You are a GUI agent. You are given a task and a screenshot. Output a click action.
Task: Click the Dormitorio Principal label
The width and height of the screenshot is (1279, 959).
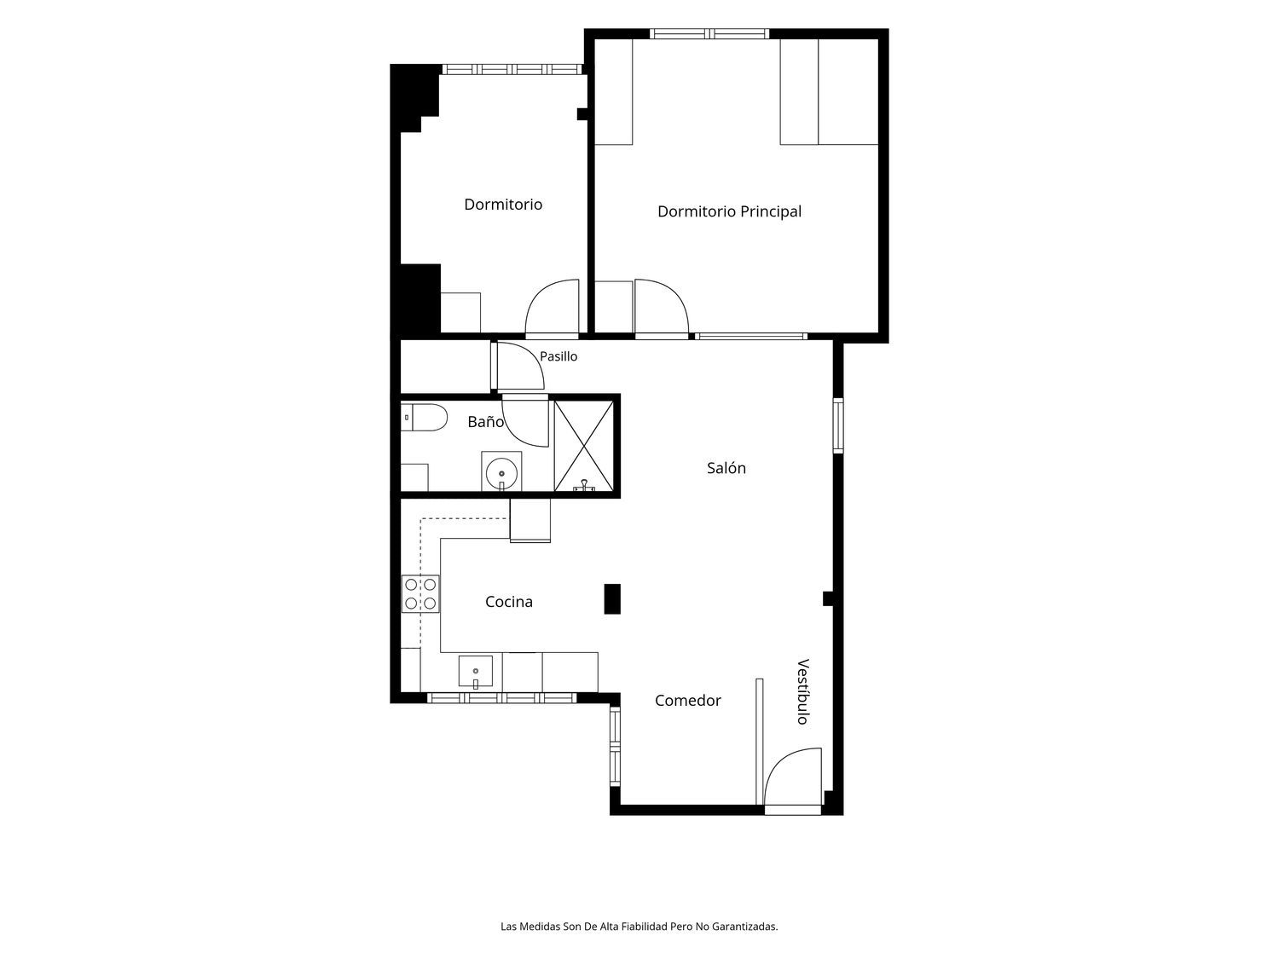pyautogui.click(x=729, y=211)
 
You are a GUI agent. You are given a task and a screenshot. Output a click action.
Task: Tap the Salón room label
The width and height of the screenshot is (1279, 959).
pyautogui.click(x=726, y=467)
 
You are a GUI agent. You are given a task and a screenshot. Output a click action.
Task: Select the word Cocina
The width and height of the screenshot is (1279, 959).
pyautogui.click(x=509, y=602)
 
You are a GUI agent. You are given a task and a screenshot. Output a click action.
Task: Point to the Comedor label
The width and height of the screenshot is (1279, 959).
pyautogui.click(x=687, y=701)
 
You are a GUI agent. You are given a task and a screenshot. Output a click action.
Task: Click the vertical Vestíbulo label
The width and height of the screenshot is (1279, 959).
pyautogui.click(x=803, y=691)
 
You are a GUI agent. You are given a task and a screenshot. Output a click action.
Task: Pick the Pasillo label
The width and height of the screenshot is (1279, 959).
pyautogui.click(x=558, y=356)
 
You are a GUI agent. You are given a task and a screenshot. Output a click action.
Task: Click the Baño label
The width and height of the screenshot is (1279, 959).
pyautogui.click(x=485, y=421)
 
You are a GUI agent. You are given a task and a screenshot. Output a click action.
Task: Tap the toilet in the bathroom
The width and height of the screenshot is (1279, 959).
pyautogui.click(x=424, y=418)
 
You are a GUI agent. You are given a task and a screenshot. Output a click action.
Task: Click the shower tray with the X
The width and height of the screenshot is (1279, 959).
pyautogui.click(x=584, y=446)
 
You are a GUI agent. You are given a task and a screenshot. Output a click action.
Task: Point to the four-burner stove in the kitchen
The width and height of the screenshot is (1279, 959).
pyautogui.click(x=420, y=594)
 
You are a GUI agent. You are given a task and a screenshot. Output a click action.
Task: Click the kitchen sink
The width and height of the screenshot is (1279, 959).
pyautogui.click(x=476, y=672)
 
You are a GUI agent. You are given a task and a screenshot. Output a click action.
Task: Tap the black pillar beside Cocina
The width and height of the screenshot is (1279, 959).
pyautogui.click(x=612, y=598)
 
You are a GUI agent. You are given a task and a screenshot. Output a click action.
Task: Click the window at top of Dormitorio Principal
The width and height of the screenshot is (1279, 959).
pyautogui.click(x=709, y=34)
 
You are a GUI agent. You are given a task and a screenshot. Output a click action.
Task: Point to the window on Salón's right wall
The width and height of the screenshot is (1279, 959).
pyautogui.click(x=838, y=425)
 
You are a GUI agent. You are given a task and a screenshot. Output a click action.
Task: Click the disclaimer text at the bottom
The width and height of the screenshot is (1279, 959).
pyautogui.click(x=639, y=927)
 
